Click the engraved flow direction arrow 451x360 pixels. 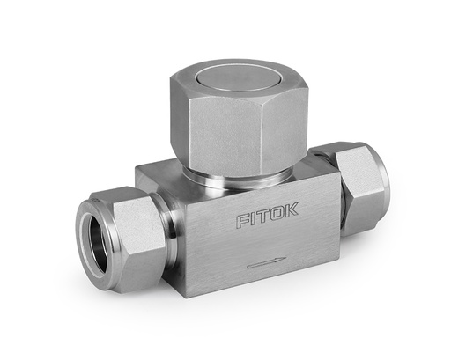click(x=265, y=261)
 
